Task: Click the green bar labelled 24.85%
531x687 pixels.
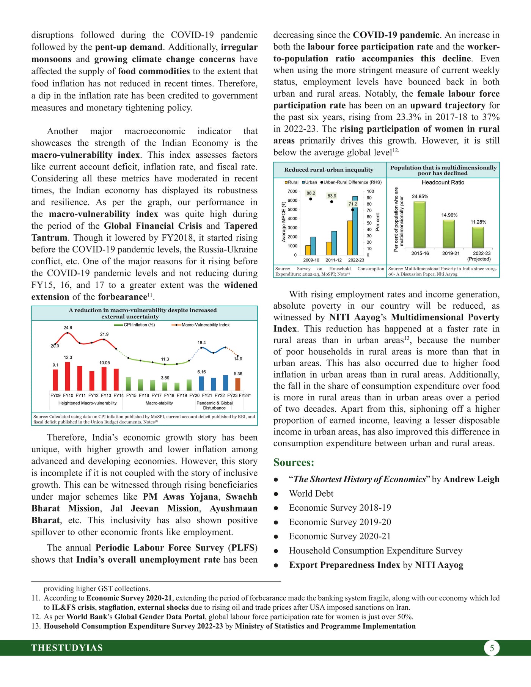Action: point(419,224)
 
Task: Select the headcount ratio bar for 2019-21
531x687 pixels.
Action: point(449,234)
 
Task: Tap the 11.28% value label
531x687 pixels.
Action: point(478,222)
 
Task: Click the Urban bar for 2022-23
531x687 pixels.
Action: point(355,226)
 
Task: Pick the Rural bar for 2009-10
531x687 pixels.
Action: point(308,250)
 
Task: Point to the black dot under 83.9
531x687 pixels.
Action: point(331,202)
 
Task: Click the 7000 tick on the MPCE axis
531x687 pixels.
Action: point(292,191)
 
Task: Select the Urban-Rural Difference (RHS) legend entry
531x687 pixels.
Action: point(351,182)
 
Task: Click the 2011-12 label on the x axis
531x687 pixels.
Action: point(333,260)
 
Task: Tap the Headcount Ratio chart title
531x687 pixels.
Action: point(443,182)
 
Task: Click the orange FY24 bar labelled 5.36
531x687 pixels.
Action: point(238,384)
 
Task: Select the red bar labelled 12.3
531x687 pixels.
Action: point(68,376)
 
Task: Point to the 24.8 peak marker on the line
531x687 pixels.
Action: point(68,333)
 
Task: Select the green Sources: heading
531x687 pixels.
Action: point(294,463)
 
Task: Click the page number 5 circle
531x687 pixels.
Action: point(492,648)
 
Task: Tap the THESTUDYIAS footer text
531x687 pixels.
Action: point(67,648)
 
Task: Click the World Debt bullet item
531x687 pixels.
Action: point(311,494)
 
